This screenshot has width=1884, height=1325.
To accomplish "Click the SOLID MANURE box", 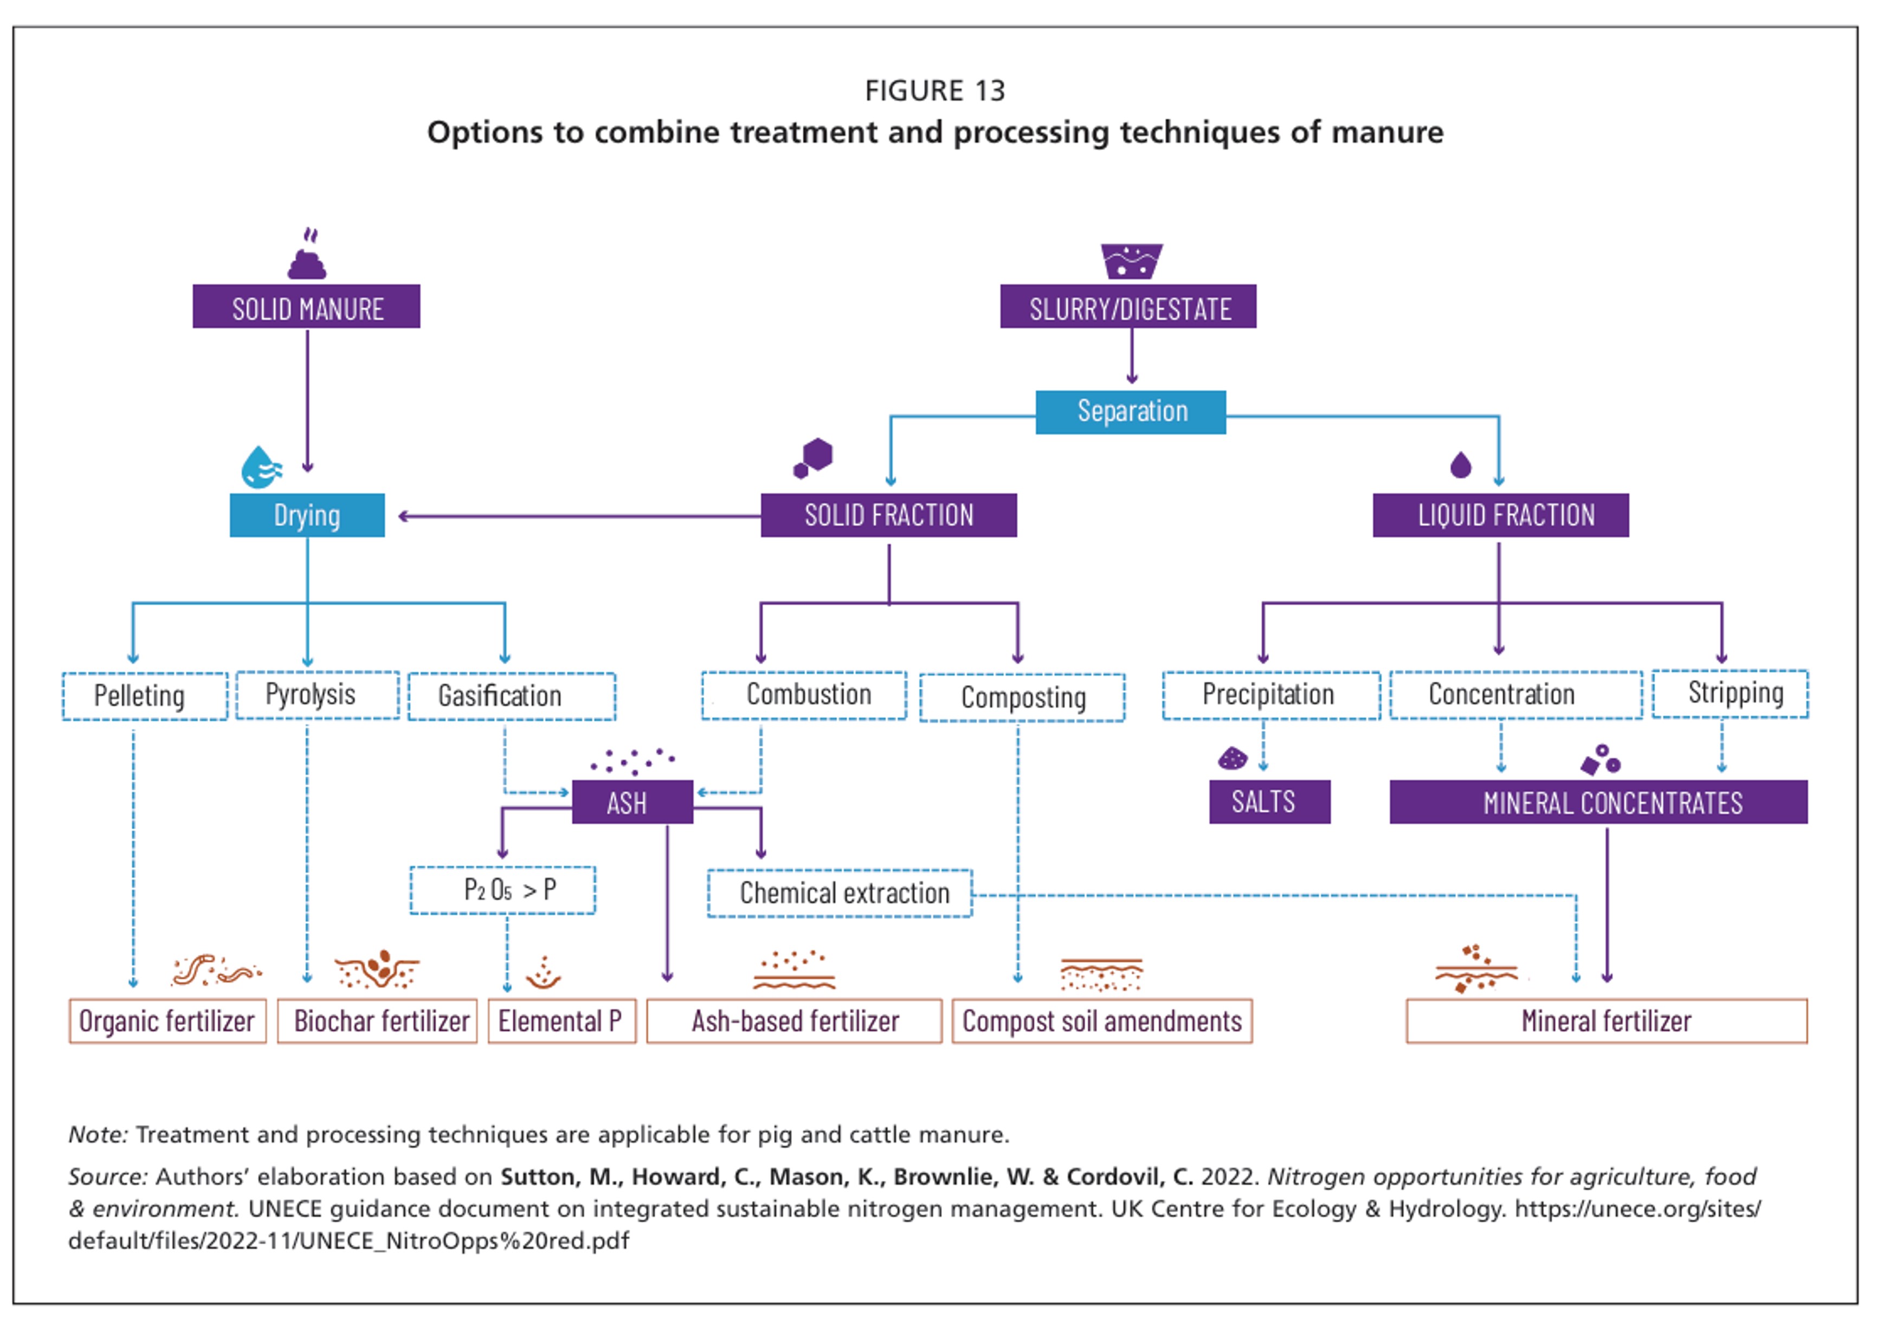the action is [306, 307].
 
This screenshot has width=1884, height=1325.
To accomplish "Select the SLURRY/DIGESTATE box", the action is [1128, 307].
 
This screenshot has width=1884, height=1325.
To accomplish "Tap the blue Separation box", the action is [1131, 412].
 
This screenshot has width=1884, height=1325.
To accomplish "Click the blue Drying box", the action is [307, 515].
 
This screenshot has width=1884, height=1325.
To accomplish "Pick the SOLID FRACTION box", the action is [889, 515].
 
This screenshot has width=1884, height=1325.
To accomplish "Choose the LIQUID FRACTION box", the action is [1501, 515].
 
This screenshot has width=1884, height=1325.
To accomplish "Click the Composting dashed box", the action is [1022, 697].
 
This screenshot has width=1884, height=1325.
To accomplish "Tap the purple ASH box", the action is [633, 802].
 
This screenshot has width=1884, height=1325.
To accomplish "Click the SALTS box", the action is [1269, 802].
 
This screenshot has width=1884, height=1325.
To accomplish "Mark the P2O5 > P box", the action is [503, 890].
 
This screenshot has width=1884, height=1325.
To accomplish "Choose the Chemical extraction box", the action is [840, 894].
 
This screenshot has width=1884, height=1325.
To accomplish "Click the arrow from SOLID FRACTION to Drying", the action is [579, 516].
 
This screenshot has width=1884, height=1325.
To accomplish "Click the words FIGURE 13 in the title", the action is [934, 91].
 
